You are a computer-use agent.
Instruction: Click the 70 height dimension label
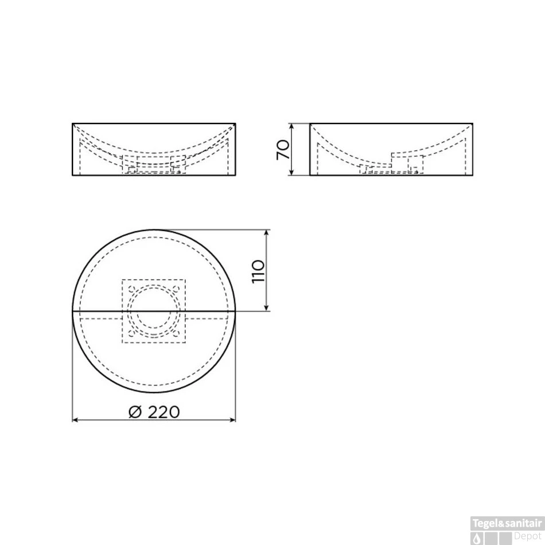coord(282,149)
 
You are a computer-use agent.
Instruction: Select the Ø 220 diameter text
coord(154,411)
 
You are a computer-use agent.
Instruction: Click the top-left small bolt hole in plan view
coord(131,289)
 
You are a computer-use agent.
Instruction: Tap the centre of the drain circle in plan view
coord(153,311)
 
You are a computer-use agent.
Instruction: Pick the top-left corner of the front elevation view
coord(72,123)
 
